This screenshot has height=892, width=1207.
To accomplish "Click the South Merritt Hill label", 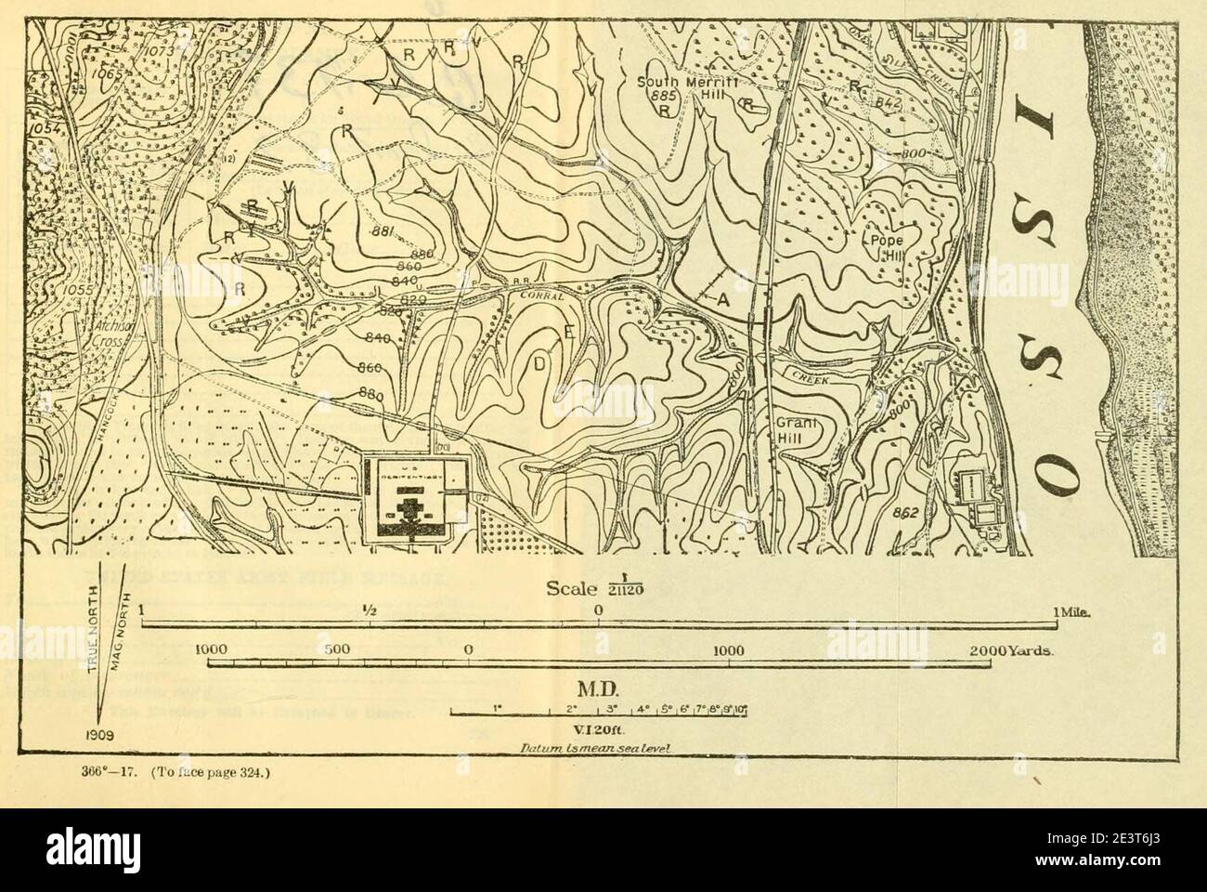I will pos(675,88).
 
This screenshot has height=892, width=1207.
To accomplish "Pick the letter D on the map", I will pos(539,363).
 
